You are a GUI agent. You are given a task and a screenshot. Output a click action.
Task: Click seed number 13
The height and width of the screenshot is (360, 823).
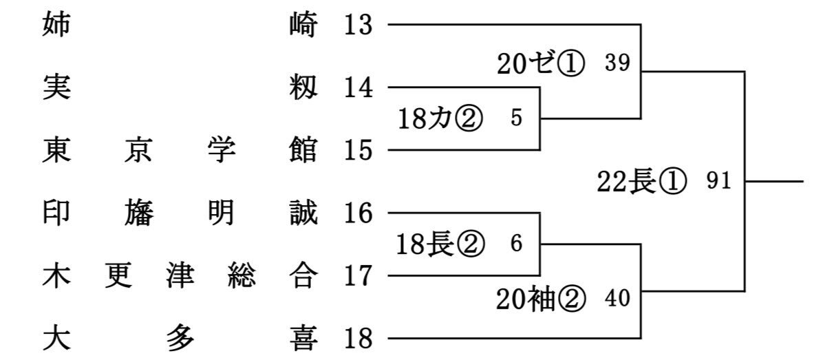pos(359,25)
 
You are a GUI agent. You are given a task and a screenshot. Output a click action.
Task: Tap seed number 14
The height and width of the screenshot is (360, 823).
pos(359,87)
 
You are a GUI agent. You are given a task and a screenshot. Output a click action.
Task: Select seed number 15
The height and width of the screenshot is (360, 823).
pos(359,151)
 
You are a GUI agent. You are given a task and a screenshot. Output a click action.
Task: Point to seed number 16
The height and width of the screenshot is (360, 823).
pos(359,213)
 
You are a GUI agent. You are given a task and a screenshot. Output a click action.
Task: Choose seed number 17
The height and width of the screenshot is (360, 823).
pos(359,277)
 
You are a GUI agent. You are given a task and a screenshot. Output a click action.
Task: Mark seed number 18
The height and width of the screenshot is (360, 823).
pos(359,339)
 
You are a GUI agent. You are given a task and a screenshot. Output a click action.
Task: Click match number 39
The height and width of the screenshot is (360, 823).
pos(617,63)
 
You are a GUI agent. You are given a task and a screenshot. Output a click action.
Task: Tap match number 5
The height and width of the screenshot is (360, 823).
pos(517,118)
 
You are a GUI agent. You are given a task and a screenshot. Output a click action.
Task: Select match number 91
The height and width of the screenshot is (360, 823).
pos(718,182)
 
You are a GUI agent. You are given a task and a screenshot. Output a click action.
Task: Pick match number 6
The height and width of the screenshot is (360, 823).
pos(517,244)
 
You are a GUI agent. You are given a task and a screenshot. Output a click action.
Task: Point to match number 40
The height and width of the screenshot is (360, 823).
pos(617,299)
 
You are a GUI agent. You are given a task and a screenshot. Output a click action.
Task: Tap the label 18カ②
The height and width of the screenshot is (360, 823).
pos(440,119)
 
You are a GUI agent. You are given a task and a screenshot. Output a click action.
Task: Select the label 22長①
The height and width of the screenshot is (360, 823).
pos(641,182)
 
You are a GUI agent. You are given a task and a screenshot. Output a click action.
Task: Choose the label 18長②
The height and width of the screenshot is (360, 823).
pos(440,245)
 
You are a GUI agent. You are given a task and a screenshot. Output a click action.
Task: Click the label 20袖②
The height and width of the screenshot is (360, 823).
pos(541,300)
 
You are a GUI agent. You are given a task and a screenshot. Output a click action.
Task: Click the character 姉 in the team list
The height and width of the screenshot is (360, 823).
pos(56,25)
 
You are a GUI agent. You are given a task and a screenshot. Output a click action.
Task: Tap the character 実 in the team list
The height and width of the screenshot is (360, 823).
pos(56,87)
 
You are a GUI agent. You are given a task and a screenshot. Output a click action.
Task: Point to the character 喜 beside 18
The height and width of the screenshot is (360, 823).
pos(303,339)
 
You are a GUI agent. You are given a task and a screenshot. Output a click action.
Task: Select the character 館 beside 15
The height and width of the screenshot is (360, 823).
pos(303,151)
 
